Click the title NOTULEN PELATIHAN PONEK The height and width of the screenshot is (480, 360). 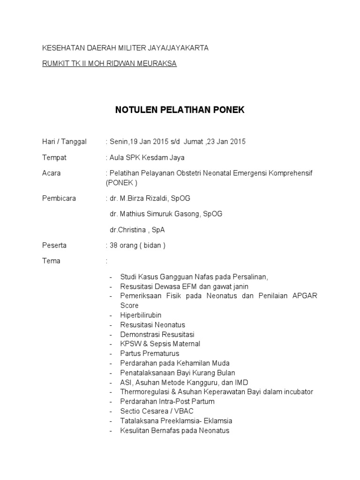click(x=180, y=110)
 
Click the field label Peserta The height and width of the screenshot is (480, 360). click(x=54, y=245)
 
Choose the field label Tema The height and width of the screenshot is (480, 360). click(x=51, y=261)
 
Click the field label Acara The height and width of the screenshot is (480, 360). click(x=52, y=173)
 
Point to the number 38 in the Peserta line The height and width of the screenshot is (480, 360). click(x=113, y=245)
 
